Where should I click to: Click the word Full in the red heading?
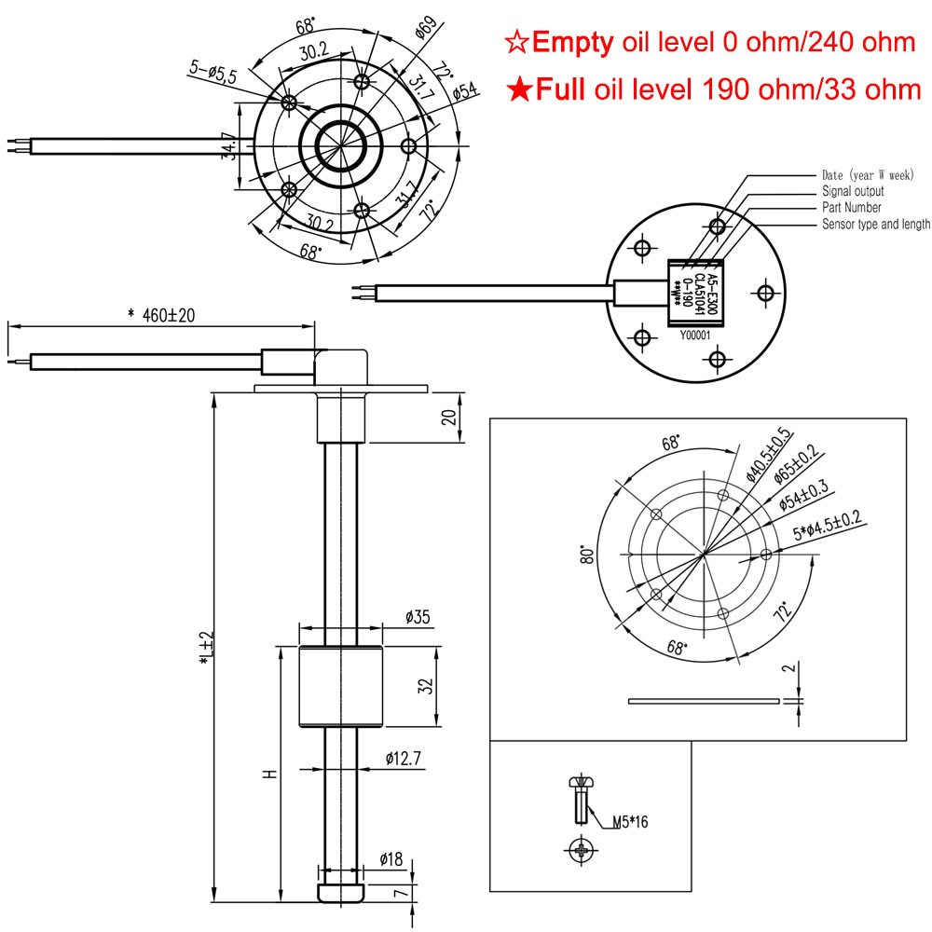coord(557,89)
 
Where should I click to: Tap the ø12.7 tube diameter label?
coord(404,760)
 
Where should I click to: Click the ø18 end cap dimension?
coord(391,858)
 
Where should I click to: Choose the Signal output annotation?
coord(852,191)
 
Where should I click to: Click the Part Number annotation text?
coord(851,208)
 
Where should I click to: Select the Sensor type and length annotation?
coord(875,225)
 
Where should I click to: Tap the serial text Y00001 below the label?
coord(695,337)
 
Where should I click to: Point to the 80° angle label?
coord(588,556)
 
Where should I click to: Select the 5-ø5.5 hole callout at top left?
coord(215,69)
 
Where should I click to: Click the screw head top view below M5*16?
coord(581,849)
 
